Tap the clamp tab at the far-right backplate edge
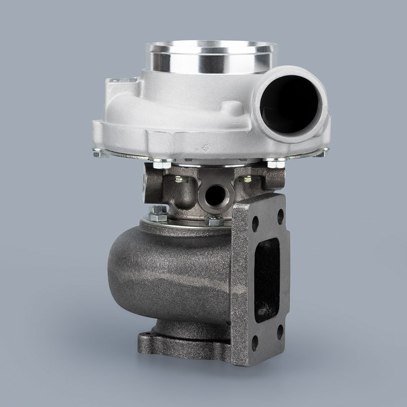[322, 152]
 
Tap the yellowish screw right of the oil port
[246, 179]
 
